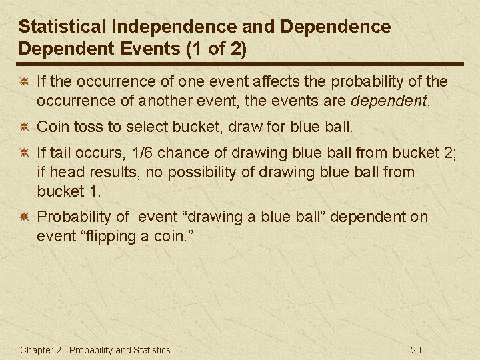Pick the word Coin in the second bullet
click(51, 126)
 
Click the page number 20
click(416, 350)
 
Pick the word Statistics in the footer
click(150, 350)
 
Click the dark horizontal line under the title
click(240, 64)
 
